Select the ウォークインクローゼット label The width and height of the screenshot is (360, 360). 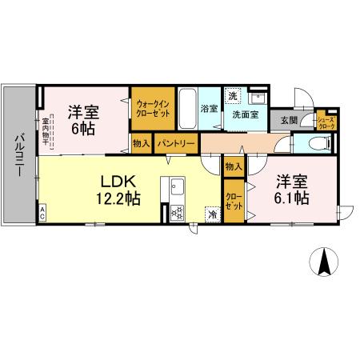coord(152,108)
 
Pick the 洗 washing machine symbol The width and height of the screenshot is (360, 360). coord(232,95)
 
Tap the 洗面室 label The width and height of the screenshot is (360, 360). coord(246,114)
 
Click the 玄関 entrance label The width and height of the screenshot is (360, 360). coord(288,121)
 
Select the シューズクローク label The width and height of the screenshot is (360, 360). coord(326,122)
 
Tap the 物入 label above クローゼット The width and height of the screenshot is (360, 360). coord(234,167)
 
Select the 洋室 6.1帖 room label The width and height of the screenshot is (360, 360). coord(293,189)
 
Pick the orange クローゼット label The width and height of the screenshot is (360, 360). coord(234,201)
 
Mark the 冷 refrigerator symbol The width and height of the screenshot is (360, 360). coord(213,214)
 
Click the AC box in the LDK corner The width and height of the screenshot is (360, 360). coord(42,215)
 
